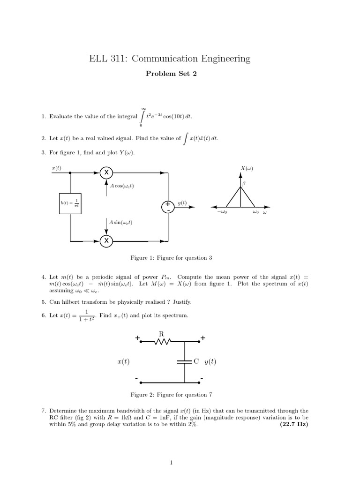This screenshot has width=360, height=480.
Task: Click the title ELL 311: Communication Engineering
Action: click(170, 59)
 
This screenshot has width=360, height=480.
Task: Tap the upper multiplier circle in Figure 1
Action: click(106, 172)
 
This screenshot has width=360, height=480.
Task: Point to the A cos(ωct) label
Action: click(121, 186)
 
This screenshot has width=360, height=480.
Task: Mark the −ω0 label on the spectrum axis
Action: click(222, 212)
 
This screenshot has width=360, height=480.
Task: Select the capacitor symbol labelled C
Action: click(184, 361)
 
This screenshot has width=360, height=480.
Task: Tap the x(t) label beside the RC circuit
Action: click(123, 361)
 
